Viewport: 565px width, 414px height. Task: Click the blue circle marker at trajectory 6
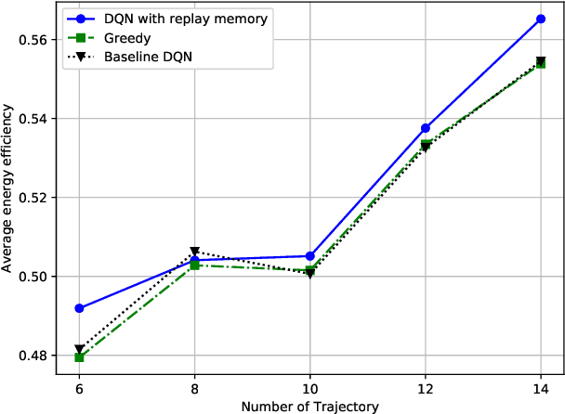click(79, 308)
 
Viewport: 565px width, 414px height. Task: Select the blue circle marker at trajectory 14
click(541, 19)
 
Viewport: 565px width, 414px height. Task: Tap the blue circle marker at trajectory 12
click(426, 128)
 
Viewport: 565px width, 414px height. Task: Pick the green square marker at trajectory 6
click(79, 357)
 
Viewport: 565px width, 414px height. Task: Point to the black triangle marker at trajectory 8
click(194, 252)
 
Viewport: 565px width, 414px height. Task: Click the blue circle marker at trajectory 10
click(309, 256)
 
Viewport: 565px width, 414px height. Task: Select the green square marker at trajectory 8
click(194, 265)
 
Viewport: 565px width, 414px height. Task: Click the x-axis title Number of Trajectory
click(309, 406)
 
